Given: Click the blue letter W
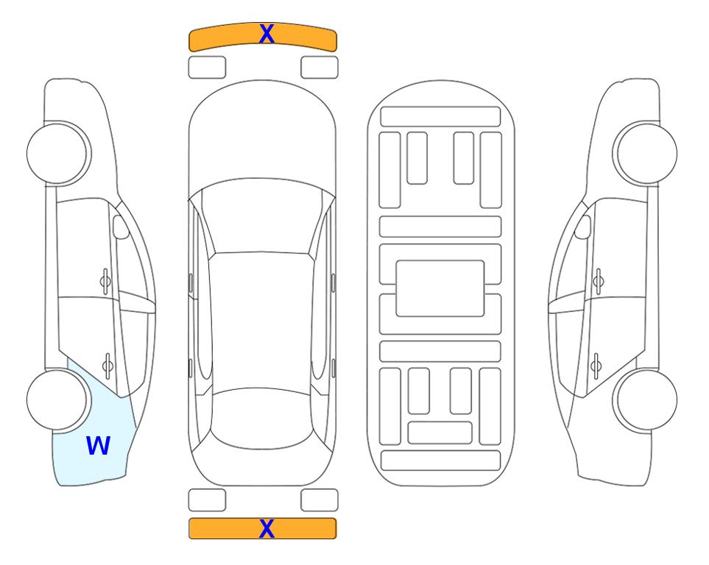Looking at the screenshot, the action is click(98, 446).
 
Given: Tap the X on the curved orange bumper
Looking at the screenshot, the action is click(267, 33).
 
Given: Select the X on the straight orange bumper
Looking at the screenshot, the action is click(267, 528).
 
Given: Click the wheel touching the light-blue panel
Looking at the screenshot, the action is click(57, 399).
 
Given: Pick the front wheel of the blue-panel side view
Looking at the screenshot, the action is click(57, 153).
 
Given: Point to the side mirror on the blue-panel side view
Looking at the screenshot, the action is click(121, 227).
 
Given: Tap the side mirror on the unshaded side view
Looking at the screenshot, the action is click(583, 227).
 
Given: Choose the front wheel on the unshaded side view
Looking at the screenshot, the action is click(645, 153).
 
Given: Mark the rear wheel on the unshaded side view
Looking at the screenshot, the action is click(645, 399).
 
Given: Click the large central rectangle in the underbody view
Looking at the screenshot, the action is click(440, 288).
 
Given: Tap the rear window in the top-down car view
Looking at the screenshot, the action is click(261, 418).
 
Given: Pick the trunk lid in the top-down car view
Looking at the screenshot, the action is click(261, 466).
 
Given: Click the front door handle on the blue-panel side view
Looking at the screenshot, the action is click(105, 282).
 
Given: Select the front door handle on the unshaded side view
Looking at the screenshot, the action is click(599, 282).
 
